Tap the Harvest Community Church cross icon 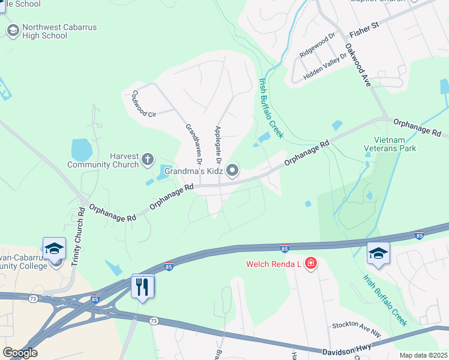point(148,160)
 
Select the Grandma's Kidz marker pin point(232,172)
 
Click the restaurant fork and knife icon point(143,286)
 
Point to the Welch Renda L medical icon point(310,263)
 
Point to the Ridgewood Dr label point(318,44)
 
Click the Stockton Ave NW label point(357,325)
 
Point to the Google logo point(20,353)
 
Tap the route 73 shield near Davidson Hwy point(154,322)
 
